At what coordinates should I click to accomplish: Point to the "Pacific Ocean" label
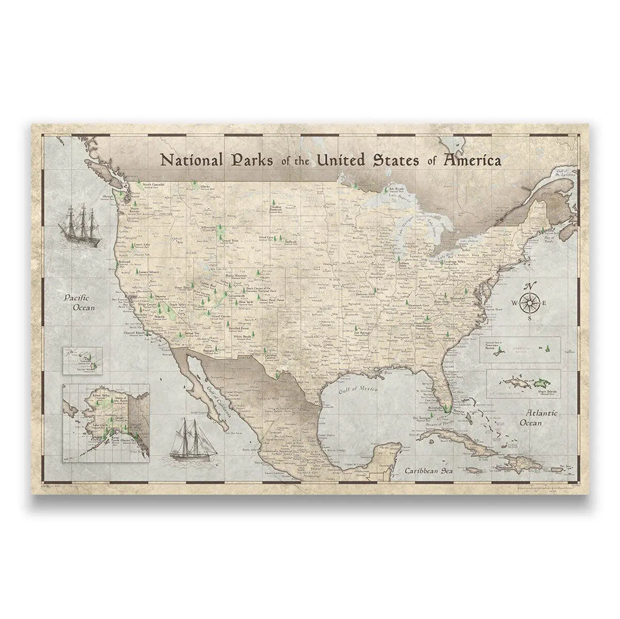(x=77, y=303)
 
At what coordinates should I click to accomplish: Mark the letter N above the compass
(x=530, y=287)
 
